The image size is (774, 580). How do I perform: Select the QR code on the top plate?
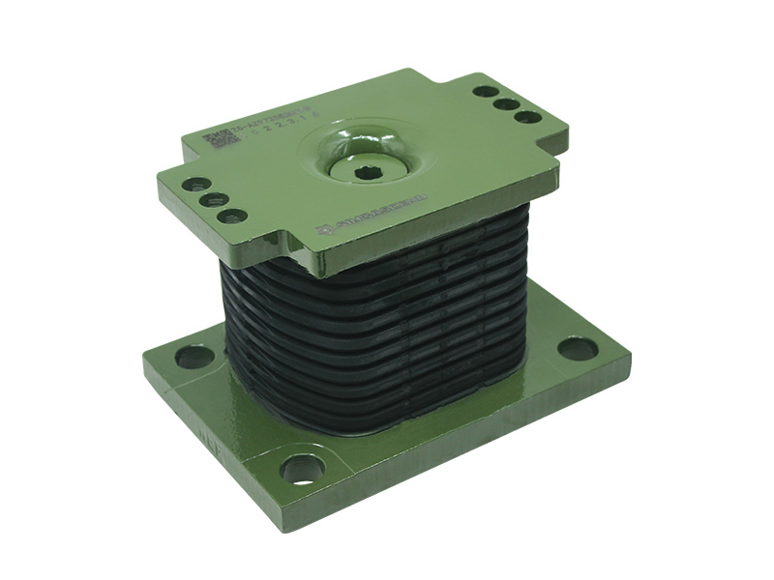point(221,140)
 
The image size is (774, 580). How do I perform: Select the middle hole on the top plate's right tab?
point(506,103)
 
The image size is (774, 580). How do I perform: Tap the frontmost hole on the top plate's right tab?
point(527,117)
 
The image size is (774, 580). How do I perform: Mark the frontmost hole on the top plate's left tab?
point(231,216)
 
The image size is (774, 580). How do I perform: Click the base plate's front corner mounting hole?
point(302,469)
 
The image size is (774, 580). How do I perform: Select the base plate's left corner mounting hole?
point(193,356)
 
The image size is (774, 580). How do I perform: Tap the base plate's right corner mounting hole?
point(578,348)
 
